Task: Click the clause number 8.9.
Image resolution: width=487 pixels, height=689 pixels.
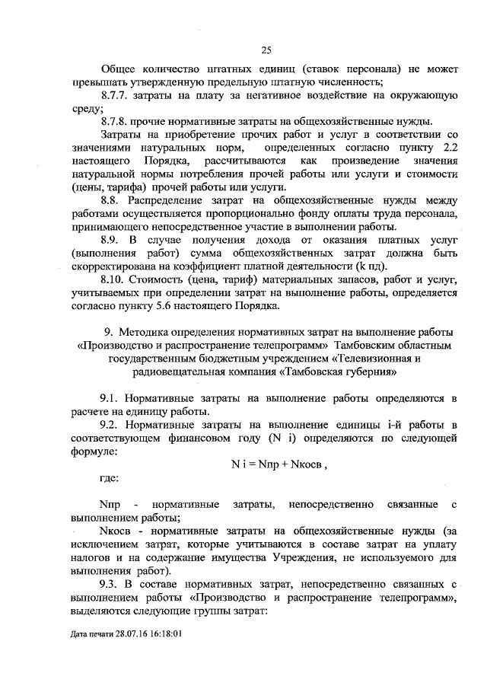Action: (110, 240)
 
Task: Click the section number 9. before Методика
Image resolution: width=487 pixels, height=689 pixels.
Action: (109, 332)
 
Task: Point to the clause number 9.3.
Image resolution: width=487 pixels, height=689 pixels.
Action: (110, 585)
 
